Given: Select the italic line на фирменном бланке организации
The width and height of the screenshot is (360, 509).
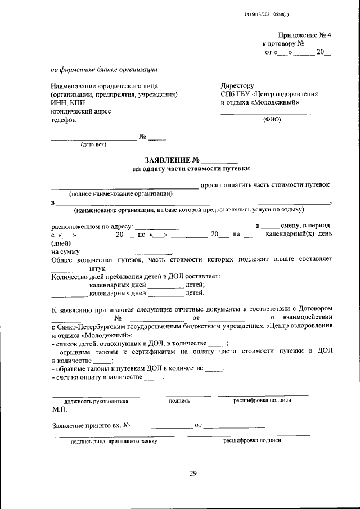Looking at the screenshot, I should pyautogui.click(x=103, y=70).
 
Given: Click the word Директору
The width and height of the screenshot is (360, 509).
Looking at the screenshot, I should pyautogui.click(x=238, y=86).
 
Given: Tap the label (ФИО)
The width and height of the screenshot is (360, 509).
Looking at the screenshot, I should pyautogui.click(x=272, y=120).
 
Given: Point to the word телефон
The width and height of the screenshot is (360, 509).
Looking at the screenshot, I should pyautogui.click(x=62, y=120).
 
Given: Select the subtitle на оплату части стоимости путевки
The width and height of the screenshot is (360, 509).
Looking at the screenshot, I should pyautogui.click(x=191, y=168).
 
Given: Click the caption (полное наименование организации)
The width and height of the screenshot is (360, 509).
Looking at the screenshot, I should pyautogui.click(x=120, y=193).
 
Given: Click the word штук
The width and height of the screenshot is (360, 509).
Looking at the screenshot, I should pyautogui.click(x=99, y=269).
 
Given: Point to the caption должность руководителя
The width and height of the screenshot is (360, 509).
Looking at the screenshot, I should pyautogui.click(x=96, y=402).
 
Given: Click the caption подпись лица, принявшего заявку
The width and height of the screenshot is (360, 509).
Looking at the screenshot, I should pyautogui.click(x=114, y=442).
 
